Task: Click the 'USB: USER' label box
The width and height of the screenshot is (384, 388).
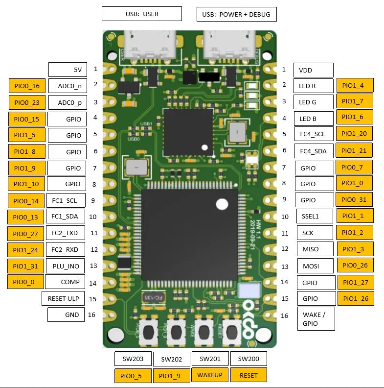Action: click(x=141, y=14)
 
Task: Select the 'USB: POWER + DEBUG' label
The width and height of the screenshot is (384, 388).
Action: click(x=236, y=14)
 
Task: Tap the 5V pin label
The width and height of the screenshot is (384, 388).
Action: click(x=68, y=70)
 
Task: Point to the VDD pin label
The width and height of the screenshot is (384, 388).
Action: click(x=313, y=70)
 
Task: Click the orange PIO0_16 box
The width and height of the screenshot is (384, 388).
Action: click(x=27, y=86)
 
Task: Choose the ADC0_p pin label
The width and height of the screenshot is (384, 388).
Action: click(x=68, y=102)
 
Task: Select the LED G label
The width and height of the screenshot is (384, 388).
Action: click(x=313, y=102)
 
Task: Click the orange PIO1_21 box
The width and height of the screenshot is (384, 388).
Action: click(x=354, y=150)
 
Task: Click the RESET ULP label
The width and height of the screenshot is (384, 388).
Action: click(x=64, y=298)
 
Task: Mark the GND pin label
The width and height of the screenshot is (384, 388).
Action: click(x=67, y=315)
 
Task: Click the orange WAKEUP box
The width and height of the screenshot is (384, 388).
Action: click(x=210, y=375)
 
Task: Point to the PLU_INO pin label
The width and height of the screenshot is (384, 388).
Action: click(x=66, y=267)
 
